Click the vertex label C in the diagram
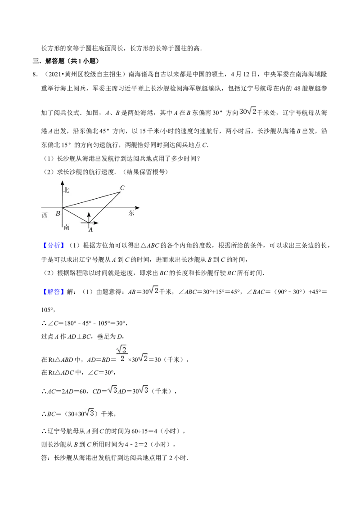[122, 188]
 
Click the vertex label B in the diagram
[58, 214]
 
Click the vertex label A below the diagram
[90, 229]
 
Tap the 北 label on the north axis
[66, 190]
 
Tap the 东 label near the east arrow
[131, 213]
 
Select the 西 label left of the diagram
[45, 215]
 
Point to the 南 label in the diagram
[67, 227]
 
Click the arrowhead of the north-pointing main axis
[62, 184]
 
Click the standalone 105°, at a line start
[47, 310]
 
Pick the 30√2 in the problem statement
[248, 112]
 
